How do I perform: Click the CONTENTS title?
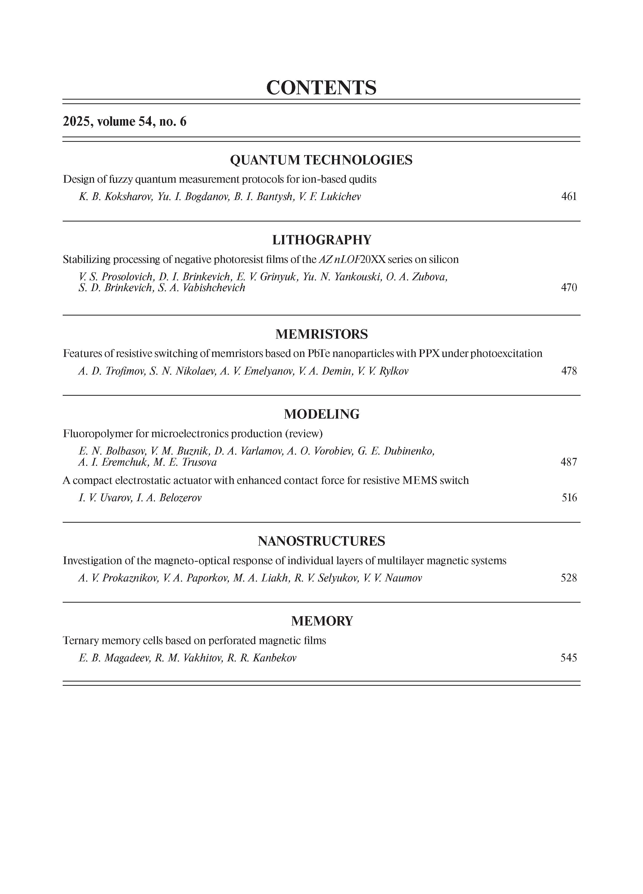pos(321,87)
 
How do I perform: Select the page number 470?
pos(569,287)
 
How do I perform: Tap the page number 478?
pos(569,371)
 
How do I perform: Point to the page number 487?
pos(569,462)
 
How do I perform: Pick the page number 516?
pos(569,498)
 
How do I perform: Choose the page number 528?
pos(569,578)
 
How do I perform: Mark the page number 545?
pos(569,658)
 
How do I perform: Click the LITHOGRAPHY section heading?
pos(322,240)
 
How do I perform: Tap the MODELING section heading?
pos(322,414)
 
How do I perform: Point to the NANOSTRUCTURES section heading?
pos(321,541)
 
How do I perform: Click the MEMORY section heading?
pos(322,621)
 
